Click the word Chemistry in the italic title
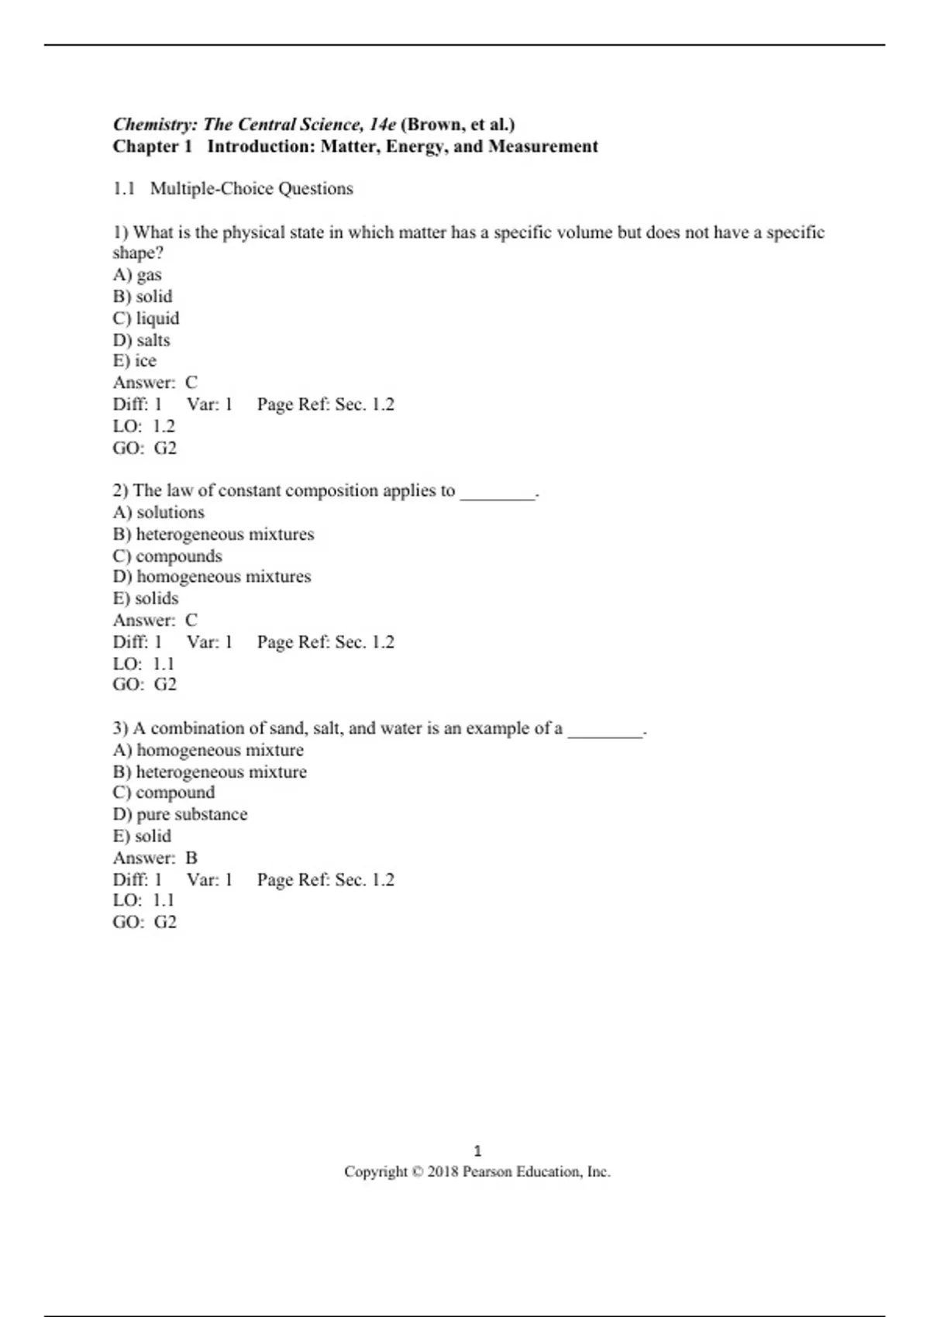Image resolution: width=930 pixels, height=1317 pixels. pyautogui.click(x=155, y=125)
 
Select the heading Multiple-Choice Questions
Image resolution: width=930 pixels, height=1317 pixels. pyautogui.click(x=251, y=189)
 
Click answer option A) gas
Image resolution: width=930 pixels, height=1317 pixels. pyautogui.click(x=137, y=275)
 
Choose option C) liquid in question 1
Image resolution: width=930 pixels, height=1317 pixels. pyautogui.click(x=146, y=318)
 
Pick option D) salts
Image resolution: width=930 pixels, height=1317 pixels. pyautogui.click(x=141, y=340)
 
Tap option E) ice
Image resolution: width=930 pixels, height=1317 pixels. pyautogui.click(x=135, y=361)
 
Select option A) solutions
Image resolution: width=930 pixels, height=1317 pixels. pyautogui.click(x=159, y=513)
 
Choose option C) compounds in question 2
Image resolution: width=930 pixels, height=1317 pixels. pyautogui.click(x=167, y=556)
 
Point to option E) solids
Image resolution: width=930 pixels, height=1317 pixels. pyautogui.click(x=146, y=599)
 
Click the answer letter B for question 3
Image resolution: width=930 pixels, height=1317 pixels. pyautogui.click(x=191, y=858)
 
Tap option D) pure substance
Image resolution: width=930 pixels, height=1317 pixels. pyautogui.click(x=180, y=815)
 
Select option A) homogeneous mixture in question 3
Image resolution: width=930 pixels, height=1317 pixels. pyautogui.click(x=208, y=751)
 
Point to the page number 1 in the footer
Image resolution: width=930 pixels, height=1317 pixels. pyautogui.click(x=477, y=1151)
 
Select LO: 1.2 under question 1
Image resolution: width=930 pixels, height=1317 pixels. pyautogui.click(x=144, y=427)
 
